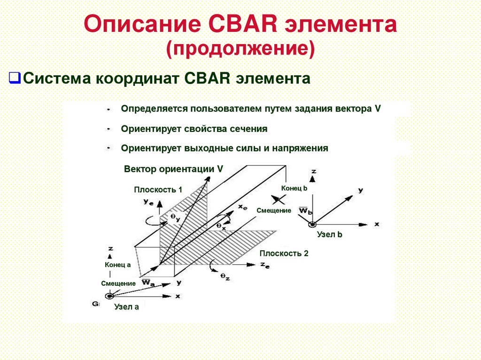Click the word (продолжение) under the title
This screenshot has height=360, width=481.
pos(240,48)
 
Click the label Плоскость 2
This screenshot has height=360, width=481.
pos(284,253)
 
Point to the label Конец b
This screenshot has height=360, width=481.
pos(294,188)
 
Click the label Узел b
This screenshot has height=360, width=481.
pos(329,234)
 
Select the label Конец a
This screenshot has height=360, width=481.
pos(117,265)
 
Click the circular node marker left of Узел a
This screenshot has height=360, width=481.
pos(109,296)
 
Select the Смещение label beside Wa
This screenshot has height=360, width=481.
pos(118,283)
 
